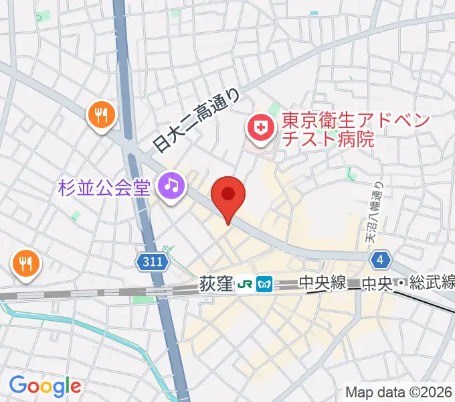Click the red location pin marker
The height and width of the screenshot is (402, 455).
click(228, 196)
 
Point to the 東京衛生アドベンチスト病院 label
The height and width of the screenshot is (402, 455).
click(327, 131)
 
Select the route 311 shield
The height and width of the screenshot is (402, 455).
click(153, 263)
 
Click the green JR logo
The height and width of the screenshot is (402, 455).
click(244, 285)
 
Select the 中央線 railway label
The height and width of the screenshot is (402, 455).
click(323, 284)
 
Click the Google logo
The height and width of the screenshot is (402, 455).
click(45, 386)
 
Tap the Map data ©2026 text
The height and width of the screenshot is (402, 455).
click(399, 392)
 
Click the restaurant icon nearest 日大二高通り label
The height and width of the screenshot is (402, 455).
click(102, 116)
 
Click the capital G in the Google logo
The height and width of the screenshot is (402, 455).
click(17, 385)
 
